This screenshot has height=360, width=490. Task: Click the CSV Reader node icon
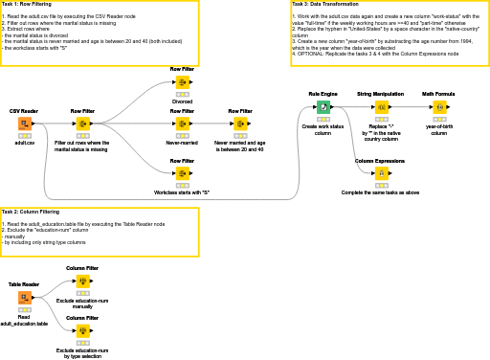[24, 124]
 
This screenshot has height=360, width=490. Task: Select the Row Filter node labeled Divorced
[182, 82]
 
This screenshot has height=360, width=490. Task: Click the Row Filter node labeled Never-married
[182, 124]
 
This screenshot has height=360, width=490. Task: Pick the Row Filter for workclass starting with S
[182, 173]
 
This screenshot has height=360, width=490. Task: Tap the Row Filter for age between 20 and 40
[240, 124]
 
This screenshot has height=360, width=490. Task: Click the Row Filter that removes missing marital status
[82, 124]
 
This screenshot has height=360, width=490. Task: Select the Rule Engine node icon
[323, 106]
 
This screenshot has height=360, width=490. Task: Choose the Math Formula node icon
[439, 106]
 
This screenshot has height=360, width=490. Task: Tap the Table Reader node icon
[24, 298]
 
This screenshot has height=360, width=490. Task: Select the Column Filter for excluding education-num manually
[82, 281]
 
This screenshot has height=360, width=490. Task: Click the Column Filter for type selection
[82, 331]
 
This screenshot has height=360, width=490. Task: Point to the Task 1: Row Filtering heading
[27, 4]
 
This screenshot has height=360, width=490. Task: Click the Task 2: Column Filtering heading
[30, 212]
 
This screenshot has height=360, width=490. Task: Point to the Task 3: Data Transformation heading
[323, 4]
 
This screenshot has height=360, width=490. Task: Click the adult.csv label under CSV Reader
[24, 142]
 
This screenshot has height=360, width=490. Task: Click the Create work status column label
[323, 129]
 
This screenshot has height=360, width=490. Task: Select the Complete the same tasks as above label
[381, 192]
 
